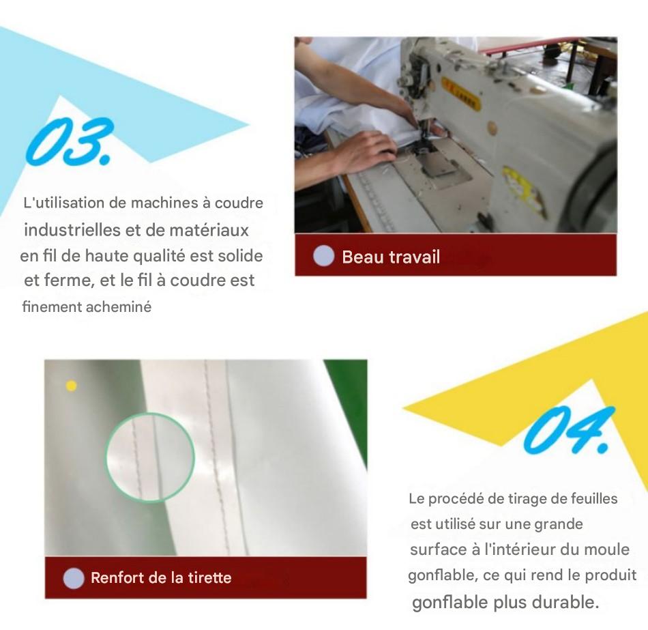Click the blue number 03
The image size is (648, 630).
[70, 141]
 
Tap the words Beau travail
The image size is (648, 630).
[391, 257]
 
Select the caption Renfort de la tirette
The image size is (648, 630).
[161, 577]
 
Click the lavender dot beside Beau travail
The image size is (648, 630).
[323, 256]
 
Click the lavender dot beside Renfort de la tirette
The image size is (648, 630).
[74, 578]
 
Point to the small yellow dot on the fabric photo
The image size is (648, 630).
[72, 386]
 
